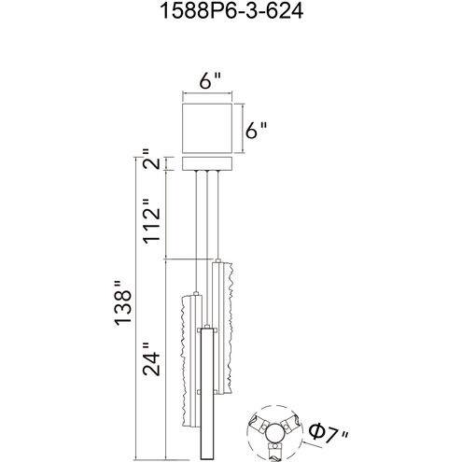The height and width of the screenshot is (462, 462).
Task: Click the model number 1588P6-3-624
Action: [231, 11]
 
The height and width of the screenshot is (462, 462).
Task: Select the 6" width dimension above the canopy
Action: [210, 80]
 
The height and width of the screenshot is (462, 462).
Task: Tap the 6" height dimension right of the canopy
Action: [256, 130]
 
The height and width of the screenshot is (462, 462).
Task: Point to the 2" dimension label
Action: [151, 159]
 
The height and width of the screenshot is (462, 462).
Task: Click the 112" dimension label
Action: [151, 221]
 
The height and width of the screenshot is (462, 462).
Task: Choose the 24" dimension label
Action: [151, 359]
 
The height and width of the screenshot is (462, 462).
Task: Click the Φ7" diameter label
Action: [329, 432]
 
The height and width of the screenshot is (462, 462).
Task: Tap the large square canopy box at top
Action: [207, 128]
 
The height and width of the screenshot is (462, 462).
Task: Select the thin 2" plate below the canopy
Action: [207, 163]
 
